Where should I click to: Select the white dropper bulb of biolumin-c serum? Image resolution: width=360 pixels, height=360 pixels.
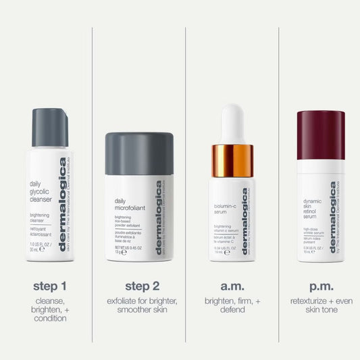pyautogui.click(x=232, y=124)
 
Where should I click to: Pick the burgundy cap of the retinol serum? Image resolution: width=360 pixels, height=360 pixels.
pyautogui.click(x=321, y=135)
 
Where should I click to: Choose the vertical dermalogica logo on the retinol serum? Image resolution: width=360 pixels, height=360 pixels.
pyautogui.click(x=333, y=216)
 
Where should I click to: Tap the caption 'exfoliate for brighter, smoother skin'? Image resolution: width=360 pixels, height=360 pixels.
pyautogui.click(x=140, y=305)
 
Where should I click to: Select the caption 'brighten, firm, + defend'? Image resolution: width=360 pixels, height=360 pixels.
pyautogui.click(x=232, y=305)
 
